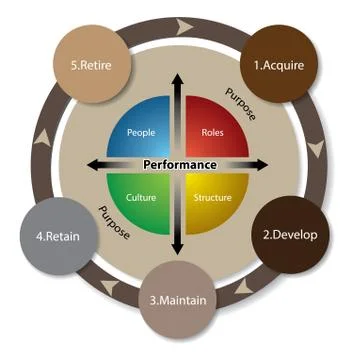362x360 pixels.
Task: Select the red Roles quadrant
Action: tap(211, 130)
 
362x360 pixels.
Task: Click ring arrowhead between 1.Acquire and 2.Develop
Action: tap(317, 150)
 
